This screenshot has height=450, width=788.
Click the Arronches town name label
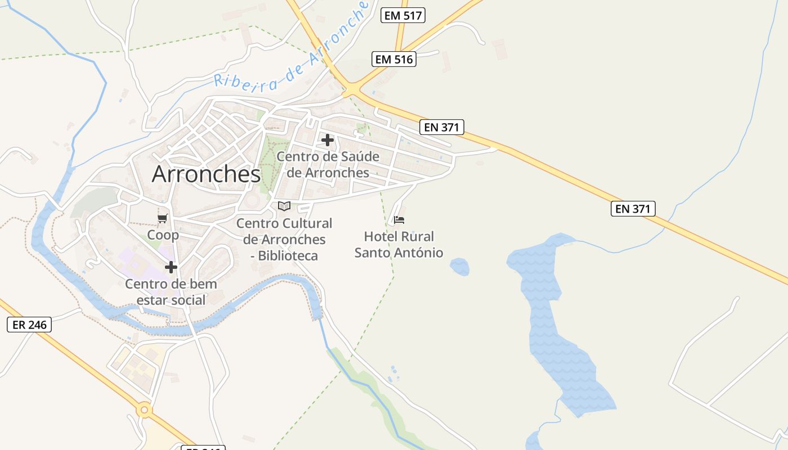pos(206,174)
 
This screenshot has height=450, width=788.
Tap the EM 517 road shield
pos(402,15)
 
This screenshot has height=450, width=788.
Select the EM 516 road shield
pos(394,59)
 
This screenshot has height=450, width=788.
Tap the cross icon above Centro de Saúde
pos(328,140)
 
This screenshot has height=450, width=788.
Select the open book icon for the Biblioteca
pos(284,206)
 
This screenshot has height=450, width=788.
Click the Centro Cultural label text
pos(284,223)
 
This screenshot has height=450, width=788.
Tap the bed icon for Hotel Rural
pos(399,219)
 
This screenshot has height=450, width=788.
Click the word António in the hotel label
pos(419,253)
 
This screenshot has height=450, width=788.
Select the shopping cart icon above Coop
pos(163,218)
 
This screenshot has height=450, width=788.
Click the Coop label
pos(163,235)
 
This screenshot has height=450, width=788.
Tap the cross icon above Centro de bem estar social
pos(171,267)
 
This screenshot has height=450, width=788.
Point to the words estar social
pos(171,300)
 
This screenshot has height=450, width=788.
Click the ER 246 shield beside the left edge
pos(29,325)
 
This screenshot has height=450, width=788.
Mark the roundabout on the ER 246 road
pos(145,410)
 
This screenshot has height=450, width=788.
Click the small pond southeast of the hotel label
pos(460,267)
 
